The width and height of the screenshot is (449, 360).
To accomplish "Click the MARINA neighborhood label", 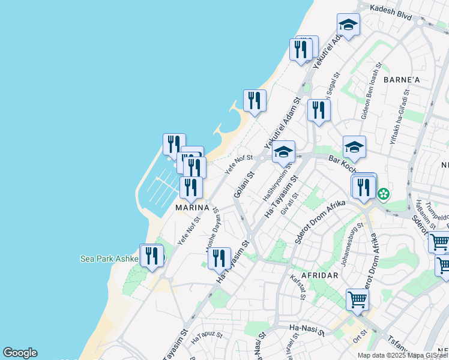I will coord(192,208).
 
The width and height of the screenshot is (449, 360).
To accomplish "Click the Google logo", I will coord(20,353).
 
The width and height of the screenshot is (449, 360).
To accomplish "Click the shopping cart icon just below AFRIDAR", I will coord(357,299).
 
